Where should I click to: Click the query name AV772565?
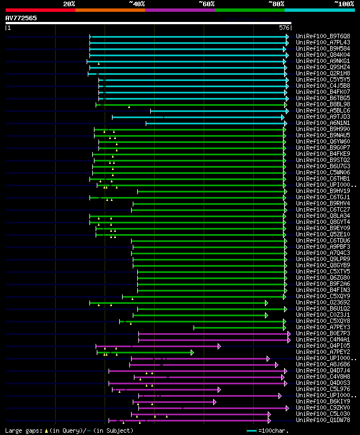point(21,18)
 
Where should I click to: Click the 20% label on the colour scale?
point(69,3)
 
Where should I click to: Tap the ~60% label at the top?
point(206,3)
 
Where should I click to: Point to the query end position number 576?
point(284,28)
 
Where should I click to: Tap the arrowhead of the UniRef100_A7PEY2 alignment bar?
point(192,352)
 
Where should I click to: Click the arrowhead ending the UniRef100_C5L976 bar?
point(219,389)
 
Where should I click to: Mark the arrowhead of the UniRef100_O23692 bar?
point(266,303)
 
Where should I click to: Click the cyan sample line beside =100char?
point(251,430)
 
